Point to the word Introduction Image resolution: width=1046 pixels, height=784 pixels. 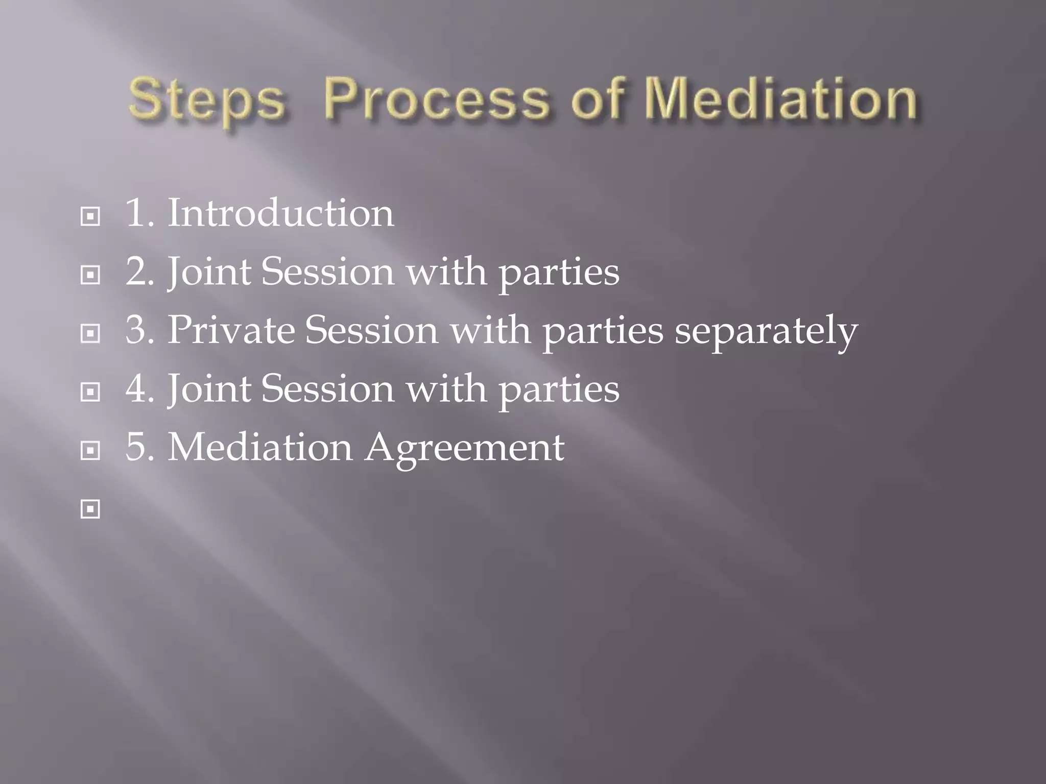(281, 213)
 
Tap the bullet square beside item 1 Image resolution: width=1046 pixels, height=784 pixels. (90, 217)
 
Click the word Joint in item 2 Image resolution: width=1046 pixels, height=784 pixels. (209, 272)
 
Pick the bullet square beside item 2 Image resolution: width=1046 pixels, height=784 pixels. (90, 276)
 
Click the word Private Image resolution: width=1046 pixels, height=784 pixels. (231, 330)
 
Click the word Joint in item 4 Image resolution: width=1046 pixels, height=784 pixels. (209, 389)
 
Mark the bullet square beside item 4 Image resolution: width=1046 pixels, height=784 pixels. (90, 393)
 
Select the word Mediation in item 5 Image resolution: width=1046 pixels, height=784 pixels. (260, 448)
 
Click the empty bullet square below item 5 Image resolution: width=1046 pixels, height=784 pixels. (90, 509)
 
